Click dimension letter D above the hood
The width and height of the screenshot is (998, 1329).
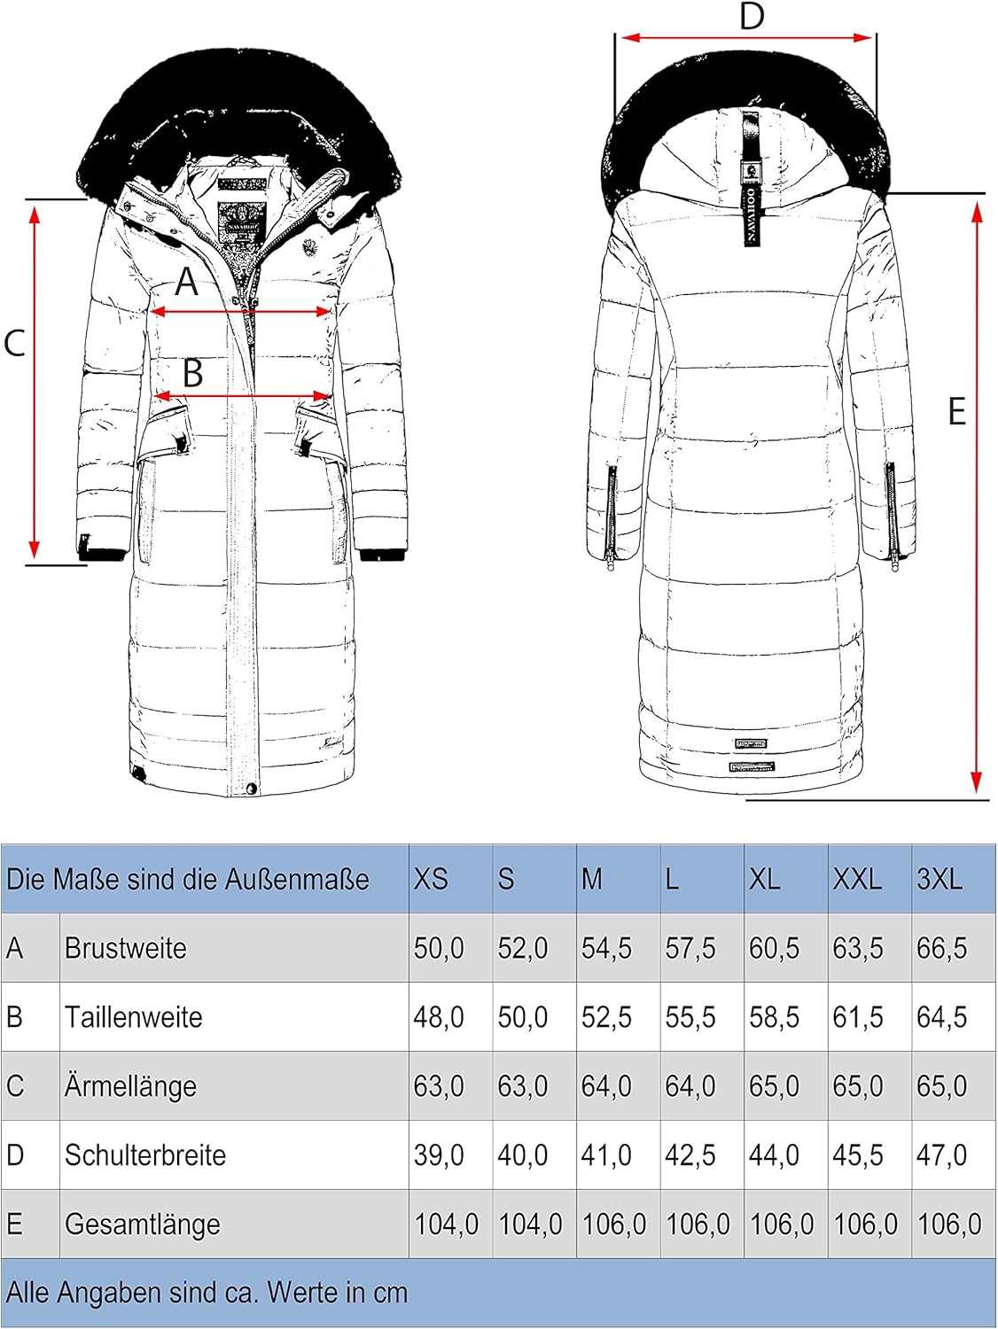(x=752, y=16)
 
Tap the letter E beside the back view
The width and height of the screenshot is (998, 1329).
(x=957, y=411)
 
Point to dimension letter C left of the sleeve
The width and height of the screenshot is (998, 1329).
(x=14, y=343)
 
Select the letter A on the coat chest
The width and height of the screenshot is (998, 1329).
(x=186, y=282)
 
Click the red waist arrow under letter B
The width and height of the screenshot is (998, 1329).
(x=243, y=397)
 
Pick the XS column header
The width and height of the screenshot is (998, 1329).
(x=431, y=879)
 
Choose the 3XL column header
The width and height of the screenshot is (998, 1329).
(x=940, y=879)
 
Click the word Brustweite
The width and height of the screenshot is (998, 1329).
(x=125, y=948)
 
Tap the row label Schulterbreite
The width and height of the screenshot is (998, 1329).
(x=145, y=1155)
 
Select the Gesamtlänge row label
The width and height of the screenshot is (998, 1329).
(x=143, y=1224)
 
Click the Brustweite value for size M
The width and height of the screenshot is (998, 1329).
(x=606, y=948)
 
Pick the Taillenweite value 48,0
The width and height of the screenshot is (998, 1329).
(x=439, y=1017)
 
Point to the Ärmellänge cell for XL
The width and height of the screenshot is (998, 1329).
(x=774, y=1086)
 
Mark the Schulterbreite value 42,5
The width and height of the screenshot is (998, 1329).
(x=690, y=1155)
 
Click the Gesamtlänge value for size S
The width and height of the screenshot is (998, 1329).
(x=531, y=1224)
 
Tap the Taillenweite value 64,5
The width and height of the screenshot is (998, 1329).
(x=941, y=1017)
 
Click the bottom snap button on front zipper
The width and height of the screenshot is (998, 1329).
(x=252, y=788)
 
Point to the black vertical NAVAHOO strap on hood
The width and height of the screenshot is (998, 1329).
(x=751, y=181)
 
